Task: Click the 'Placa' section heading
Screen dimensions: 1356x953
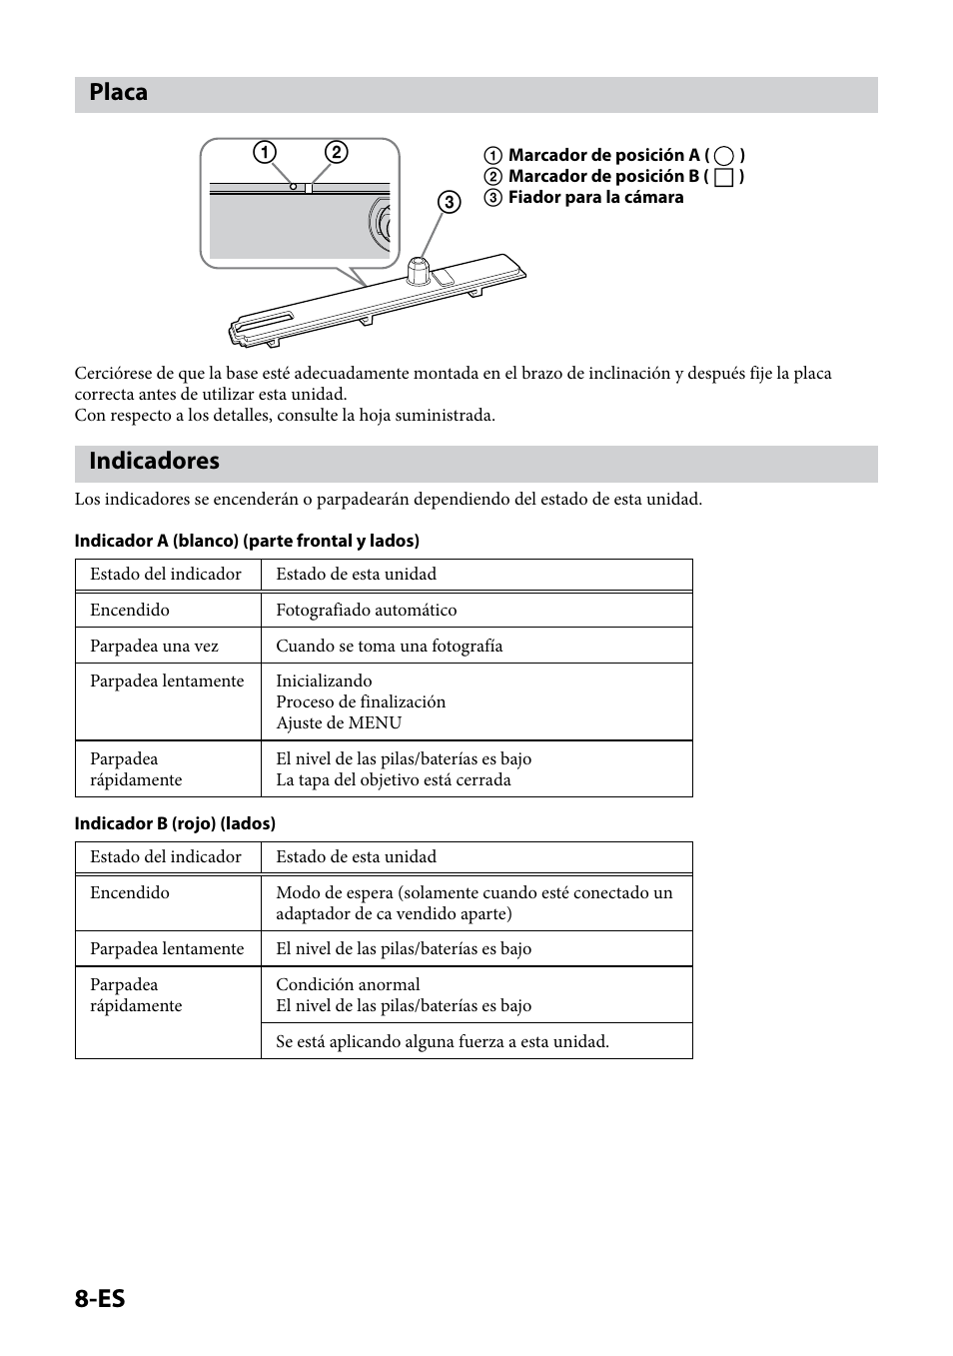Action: click(118, 93)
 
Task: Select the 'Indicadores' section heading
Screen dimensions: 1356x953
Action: click(154, 461)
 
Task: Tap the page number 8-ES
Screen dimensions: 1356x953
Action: click(100, 1298)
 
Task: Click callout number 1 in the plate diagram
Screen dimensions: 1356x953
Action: click(264, 153)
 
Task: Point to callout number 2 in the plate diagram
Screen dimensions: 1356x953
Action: click(337, 153)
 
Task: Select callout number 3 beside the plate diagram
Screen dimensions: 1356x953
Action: click(449, 202)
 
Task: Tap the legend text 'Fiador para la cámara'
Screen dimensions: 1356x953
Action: click(595, 198)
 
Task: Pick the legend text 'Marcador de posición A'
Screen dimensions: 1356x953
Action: click(604, 156)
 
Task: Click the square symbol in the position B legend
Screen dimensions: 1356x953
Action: click(724, 178)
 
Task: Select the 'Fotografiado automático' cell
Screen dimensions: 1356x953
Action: click(366, 611)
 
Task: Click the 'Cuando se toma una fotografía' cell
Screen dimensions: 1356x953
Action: click(389, 647)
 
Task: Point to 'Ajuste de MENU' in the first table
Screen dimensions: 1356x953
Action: click(339, 723)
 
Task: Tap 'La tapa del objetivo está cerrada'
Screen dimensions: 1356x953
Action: click(393, 780)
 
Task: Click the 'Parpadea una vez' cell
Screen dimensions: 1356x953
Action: click(154, 647)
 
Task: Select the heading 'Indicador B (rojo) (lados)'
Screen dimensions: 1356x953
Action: click(175, 823)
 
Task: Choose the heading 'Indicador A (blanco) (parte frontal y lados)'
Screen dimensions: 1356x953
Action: click(247, 541)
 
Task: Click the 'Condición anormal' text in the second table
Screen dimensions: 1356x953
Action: click(348, 985)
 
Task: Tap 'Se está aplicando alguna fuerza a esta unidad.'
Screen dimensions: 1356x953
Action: click(442, 1042)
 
